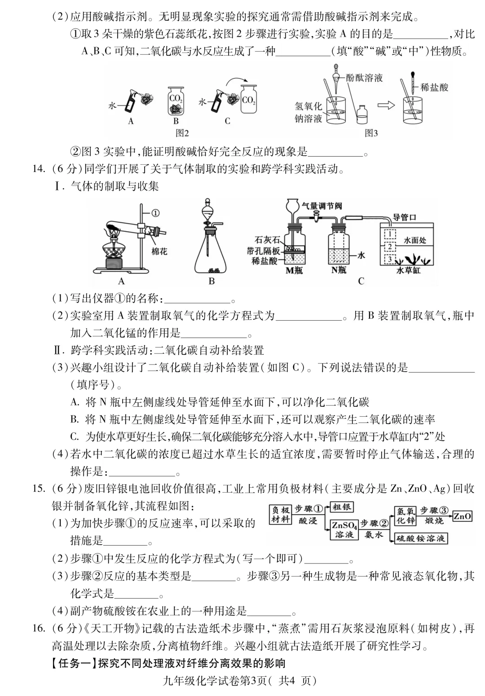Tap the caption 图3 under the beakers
click(x=371, y=133)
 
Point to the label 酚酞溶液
click(x=364, y=78)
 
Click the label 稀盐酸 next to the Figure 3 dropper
click(x=434, y=88)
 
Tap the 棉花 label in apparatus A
click(x=159, y=251)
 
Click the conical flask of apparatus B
click(x=212, y=256)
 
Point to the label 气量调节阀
click(x=322, y=206)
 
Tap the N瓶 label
click(x=339, y=270)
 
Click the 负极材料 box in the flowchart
click(x=281, y=514)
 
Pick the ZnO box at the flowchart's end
click(x=462, y=516)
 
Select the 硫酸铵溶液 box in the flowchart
click(x=421, y=537)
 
